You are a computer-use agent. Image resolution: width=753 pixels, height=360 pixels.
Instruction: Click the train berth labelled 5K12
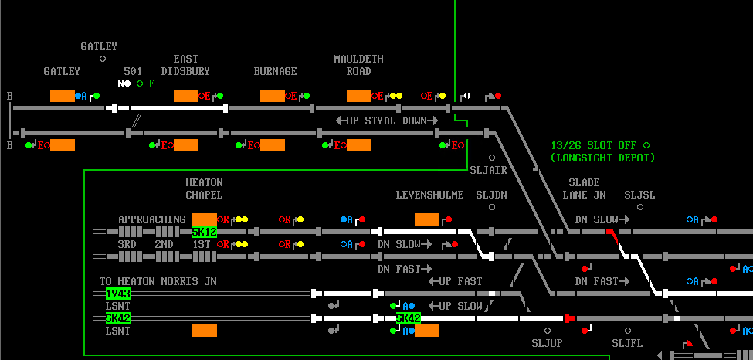point(205,232)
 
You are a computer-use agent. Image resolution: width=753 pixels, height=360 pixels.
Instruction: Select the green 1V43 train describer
point(118,294)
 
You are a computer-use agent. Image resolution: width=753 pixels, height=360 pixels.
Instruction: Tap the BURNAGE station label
point(275,71)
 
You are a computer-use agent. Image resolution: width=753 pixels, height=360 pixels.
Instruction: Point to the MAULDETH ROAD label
point(358,65)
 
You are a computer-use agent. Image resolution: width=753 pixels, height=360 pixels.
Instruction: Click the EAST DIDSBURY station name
point(185,65)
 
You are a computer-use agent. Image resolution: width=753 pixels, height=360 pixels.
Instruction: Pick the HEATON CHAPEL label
point(204,188)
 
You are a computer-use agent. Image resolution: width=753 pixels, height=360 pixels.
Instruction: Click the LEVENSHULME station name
point(429,195)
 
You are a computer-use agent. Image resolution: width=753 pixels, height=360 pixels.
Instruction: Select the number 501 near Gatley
point(133,71)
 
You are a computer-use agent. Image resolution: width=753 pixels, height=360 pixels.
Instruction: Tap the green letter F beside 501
point(152,83)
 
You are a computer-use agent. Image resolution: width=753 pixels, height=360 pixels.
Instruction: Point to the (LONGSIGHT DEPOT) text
point(602,158)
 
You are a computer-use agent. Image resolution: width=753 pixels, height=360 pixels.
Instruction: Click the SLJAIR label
point(488,170)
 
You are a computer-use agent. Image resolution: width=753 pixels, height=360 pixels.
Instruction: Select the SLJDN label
point(491,195)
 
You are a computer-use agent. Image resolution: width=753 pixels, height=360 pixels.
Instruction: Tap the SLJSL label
point(639,195)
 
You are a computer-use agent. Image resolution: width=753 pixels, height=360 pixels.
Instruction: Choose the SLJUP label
point(547,342)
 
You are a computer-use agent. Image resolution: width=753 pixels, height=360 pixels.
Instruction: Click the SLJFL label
point(627,342)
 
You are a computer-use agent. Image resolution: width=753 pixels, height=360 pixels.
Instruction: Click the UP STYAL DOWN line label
point(386,121)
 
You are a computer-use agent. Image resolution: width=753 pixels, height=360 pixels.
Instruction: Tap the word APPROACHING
point(151,219)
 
